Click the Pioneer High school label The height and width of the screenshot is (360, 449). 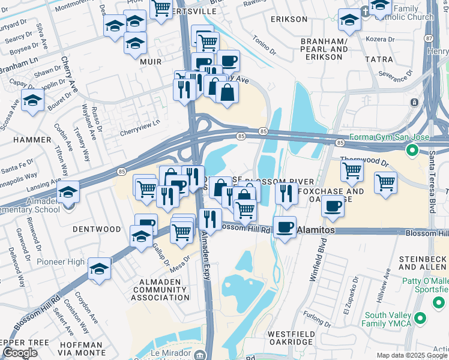[x=61, y=262]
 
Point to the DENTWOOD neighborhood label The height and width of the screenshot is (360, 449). [x=97, y=229]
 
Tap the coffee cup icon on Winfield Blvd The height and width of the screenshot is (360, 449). [x=333, y=206]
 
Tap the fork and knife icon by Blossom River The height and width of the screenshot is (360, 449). [x=286, y=193]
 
